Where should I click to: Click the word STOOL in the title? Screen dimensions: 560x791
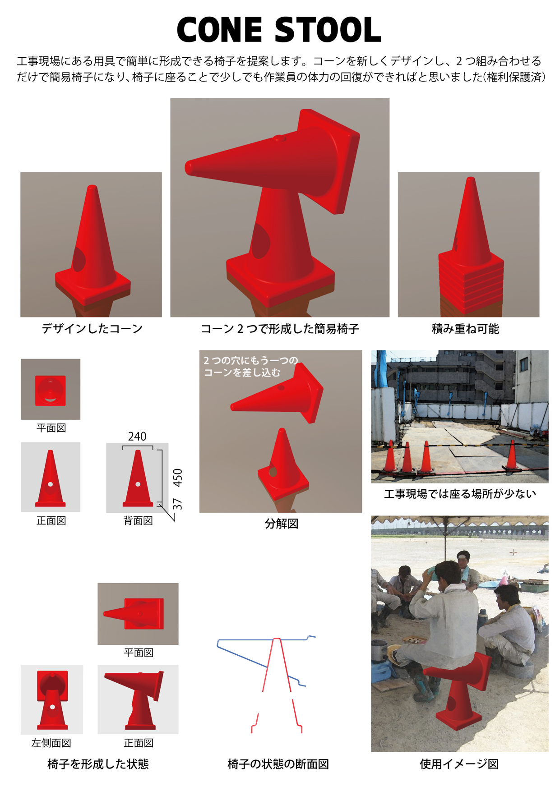[328, 30]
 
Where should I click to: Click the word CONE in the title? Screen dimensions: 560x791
[219, 30]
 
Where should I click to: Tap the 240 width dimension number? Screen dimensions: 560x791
[137, 437]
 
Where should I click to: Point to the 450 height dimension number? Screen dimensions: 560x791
[178, 478]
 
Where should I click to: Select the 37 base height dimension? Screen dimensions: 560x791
[178, 504]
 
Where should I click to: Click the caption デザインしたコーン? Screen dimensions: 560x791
[92, 329]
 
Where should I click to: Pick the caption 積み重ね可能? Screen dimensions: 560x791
[465, 329]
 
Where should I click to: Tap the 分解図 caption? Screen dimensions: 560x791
[282, 524]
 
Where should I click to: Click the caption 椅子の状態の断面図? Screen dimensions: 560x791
[278, 764]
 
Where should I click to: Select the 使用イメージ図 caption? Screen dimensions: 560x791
[459, 764]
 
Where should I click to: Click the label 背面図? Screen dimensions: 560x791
[138, 521]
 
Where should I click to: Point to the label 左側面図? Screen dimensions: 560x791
[51, 743]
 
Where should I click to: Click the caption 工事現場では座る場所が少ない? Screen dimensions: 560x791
[460, 494]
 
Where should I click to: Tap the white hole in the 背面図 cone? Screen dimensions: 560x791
[138, 484]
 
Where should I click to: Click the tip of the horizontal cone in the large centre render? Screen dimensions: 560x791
[187, 167]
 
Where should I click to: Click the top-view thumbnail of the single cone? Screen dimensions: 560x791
[51, 389]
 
